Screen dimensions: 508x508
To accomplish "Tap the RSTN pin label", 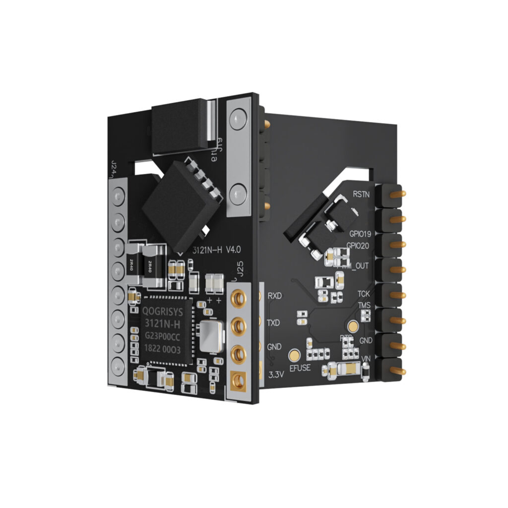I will click(x=361, y=194).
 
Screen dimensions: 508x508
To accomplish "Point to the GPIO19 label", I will click(x=360, y=233).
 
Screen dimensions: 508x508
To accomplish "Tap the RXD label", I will click(x=274, y=296).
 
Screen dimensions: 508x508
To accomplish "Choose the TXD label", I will click(x=274, y=322).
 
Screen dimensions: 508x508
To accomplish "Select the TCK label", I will click(x=364, y=294).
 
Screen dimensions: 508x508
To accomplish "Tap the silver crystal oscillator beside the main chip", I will click(x=208, y=336).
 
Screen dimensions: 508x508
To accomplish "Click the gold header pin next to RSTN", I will click(x=395, y=194).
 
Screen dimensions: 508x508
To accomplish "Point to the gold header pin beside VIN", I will click(x=397, y=371).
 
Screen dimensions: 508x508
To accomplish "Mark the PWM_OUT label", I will click(x=356, y=265).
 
